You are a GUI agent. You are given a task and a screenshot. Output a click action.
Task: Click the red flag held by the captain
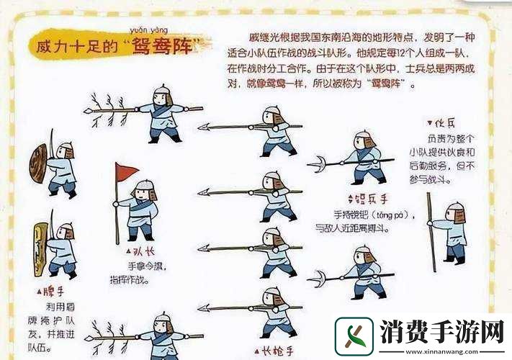[127, 171]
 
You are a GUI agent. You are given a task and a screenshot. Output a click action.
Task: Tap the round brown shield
[37, 163]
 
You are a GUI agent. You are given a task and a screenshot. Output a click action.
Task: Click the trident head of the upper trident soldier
[317, 165]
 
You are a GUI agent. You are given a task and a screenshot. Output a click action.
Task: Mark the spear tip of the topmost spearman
[204, 127]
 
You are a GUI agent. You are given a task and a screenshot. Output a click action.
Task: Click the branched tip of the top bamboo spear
[97, 110]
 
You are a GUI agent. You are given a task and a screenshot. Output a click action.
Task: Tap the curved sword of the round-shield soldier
[52, 140]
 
